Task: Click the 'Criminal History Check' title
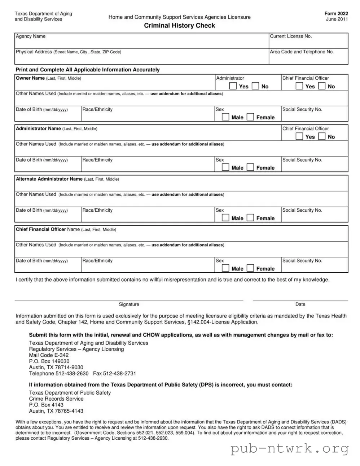tap(179, 26)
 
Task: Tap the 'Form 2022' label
tap(336, 13)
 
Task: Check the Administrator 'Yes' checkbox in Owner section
tap(233, 86)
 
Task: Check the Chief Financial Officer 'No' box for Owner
tap(322, 86)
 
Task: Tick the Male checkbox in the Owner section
tap(225, 117)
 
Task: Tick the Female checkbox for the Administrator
tap(250, 167)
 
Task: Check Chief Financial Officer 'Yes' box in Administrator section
tap(299, 136)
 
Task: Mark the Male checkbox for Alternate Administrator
tap(225, 218)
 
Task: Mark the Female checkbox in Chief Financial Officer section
tap(250, 268)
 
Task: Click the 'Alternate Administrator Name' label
tap(49, 179)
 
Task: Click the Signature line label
tap(129, 304)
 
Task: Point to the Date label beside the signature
tap(300, 304)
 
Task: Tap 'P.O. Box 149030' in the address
tap(49, 361)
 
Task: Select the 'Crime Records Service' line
tap(56, 399)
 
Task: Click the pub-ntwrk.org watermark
tap(290, 448)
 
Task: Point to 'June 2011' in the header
tap(337, 19)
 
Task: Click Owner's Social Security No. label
tap(302, 109)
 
